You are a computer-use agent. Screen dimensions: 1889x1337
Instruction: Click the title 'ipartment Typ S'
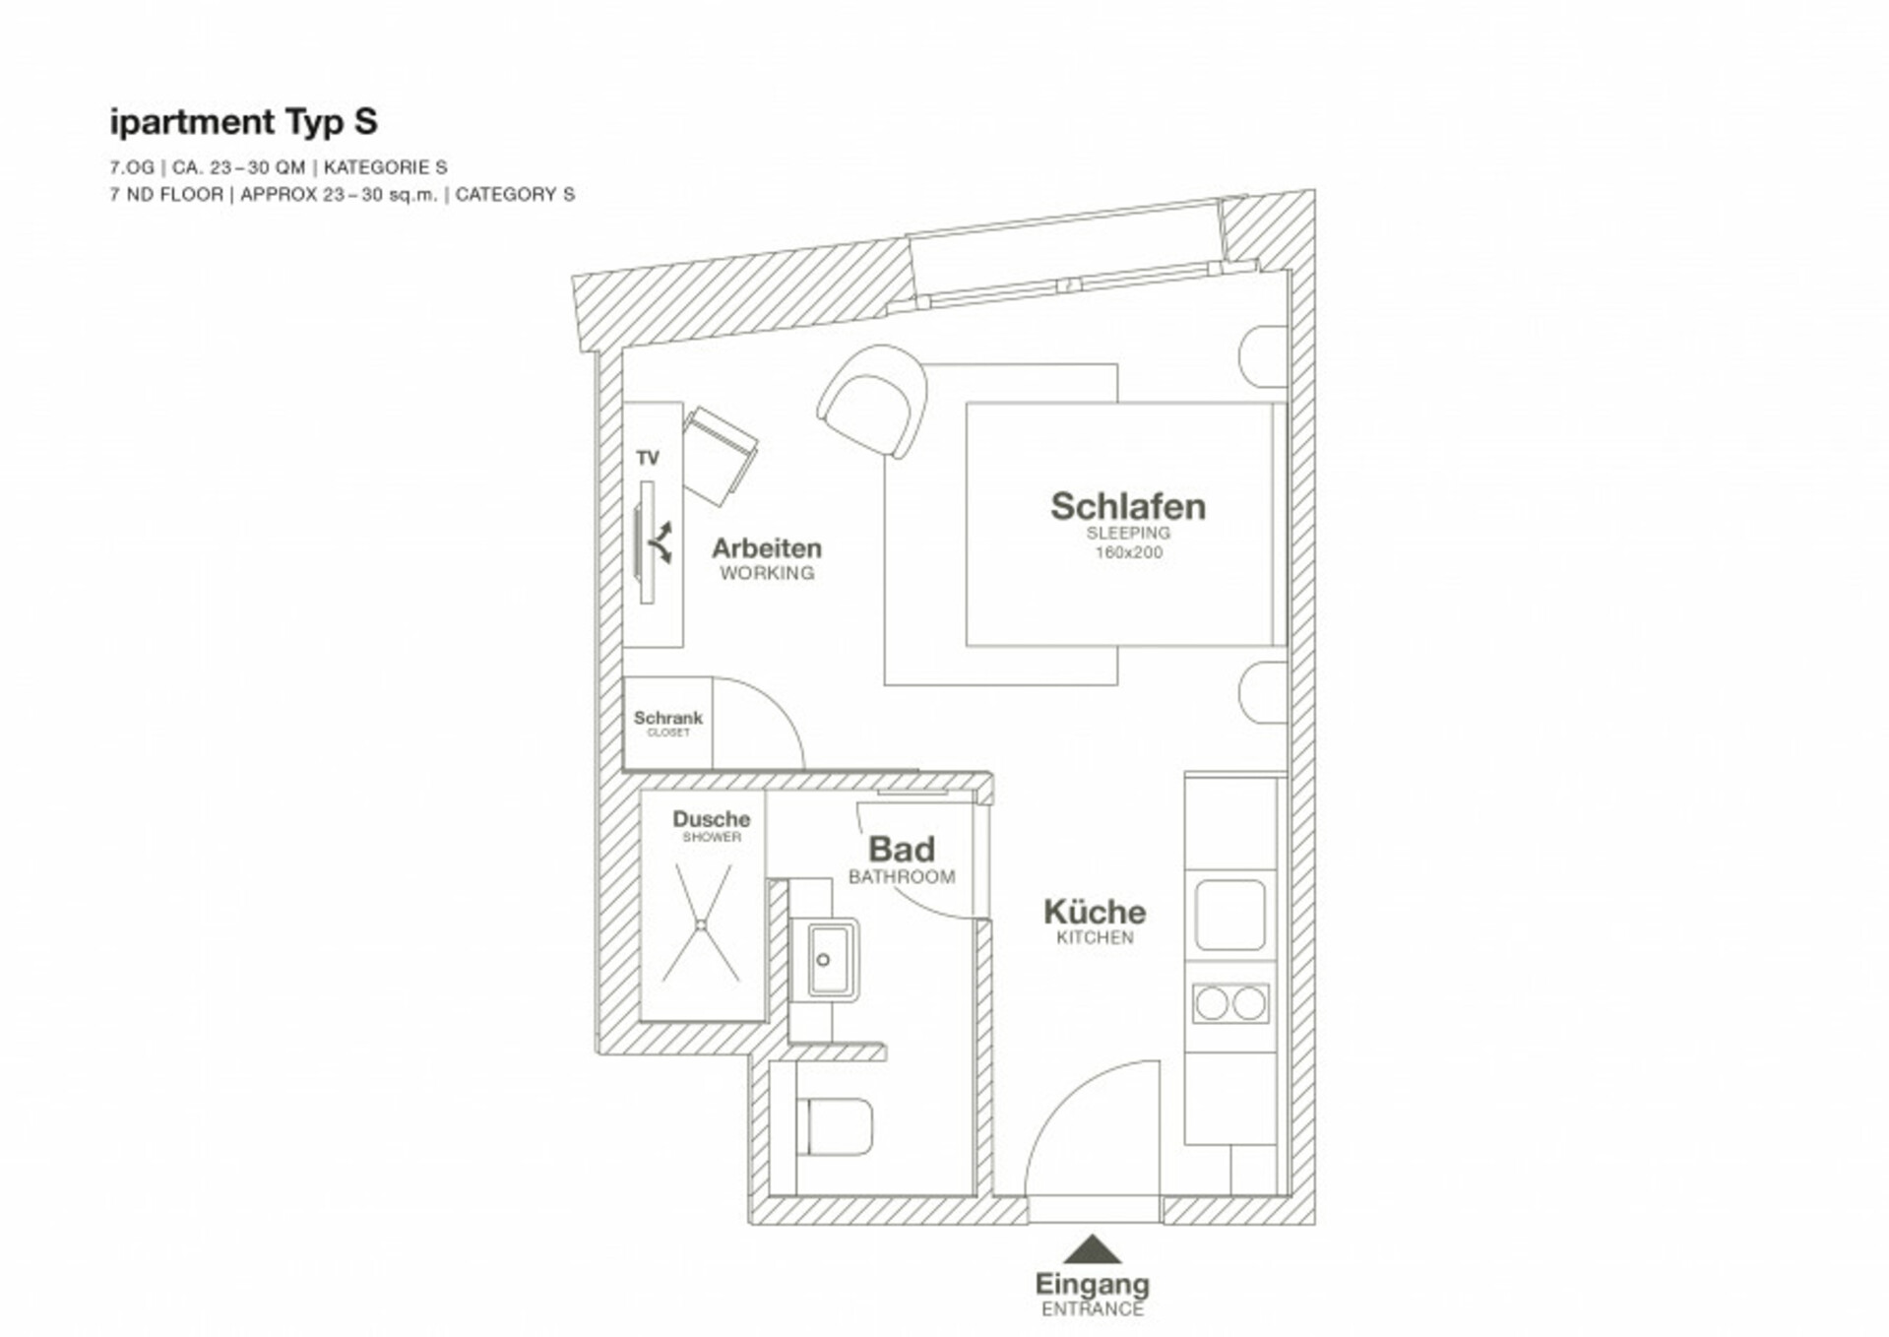(x=243, y=122)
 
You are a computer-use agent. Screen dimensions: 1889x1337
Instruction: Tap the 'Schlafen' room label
(x=1127, y=506)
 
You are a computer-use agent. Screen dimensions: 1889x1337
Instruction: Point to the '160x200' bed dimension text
(x=1128, y=552)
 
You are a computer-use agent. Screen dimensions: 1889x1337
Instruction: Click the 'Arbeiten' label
(x=766, y=547)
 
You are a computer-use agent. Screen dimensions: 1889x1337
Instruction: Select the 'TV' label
(x=647, y=458)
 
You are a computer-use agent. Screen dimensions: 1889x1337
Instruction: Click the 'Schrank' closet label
(x=667, y=718)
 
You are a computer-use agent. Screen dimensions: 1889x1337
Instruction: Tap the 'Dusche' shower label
(x=711, y=819)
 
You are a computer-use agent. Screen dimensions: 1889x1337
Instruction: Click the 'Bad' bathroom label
(x=901, y=849)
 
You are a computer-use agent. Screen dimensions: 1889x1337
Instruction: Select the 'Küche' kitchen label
(x=1095, y=911)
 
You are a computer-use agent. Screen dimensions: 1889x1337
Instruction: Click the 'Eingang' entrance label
(x=1092, y=1285)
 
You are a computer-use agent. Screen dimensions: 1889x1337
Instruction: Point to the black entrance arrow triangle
(x=1092, y=1250)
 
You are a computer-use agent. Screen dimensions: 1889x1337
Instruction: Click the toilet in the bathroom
(x=835, y=1126)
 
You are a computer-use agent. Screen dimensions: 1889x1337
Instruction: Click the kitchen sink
(x=1229, y=915)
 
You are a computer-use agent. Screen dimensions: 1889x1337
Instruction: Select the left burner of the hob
(x=1212, y=1003)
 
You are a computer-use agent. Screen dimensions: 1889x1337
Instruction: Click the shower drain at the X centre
(x=701, y=924)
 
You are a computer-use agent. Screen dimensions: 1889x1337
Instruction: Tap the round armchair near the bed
(x=874, y=400)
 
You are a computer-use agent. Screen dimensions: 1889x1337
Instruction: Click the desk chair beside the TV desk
(x=720, y=456)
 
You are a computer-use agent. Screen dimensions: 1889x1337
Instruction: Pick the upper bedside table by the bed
(x=1263, y=356)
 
